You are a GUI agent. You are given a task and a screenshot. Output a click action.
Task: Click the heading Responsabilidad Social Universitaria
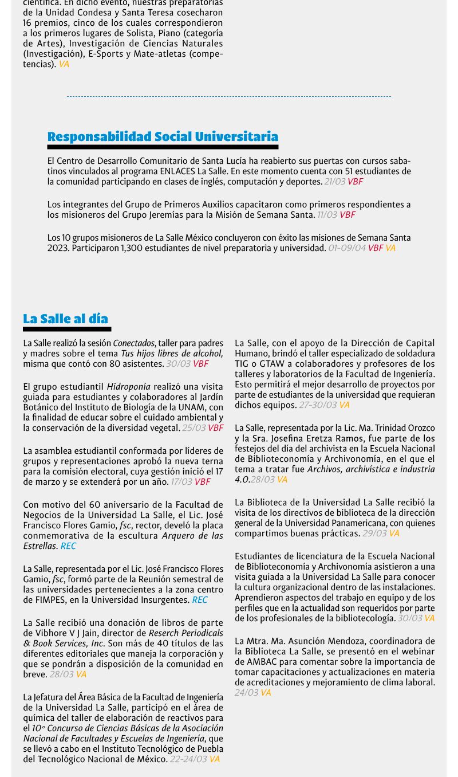(163, 136)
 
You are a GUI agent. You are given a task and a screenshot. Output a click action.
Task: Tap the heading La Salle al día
(65, 319)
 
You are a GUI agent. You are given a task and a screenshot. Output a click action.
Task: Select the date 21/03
(335, 182)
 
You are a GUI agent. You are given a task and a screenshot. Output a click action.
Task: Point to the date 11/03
(327, 215)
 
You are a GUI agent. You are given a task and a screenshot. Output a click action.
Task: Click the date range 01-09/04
(347, 248)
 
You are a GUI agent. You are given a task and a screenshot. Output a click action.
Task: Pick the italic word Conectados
(134, 343)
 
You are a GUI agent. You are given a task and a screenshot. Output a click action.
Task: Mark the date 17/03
(181, 482)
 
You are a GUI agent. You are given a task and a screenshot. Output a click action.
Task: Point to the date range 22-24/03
(188, 759)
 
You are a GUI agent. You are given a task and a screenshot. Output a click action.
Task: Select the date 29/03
(374, 533)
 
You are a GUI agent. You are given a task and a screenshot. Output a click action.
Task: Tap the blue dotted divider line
(229, 97)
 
